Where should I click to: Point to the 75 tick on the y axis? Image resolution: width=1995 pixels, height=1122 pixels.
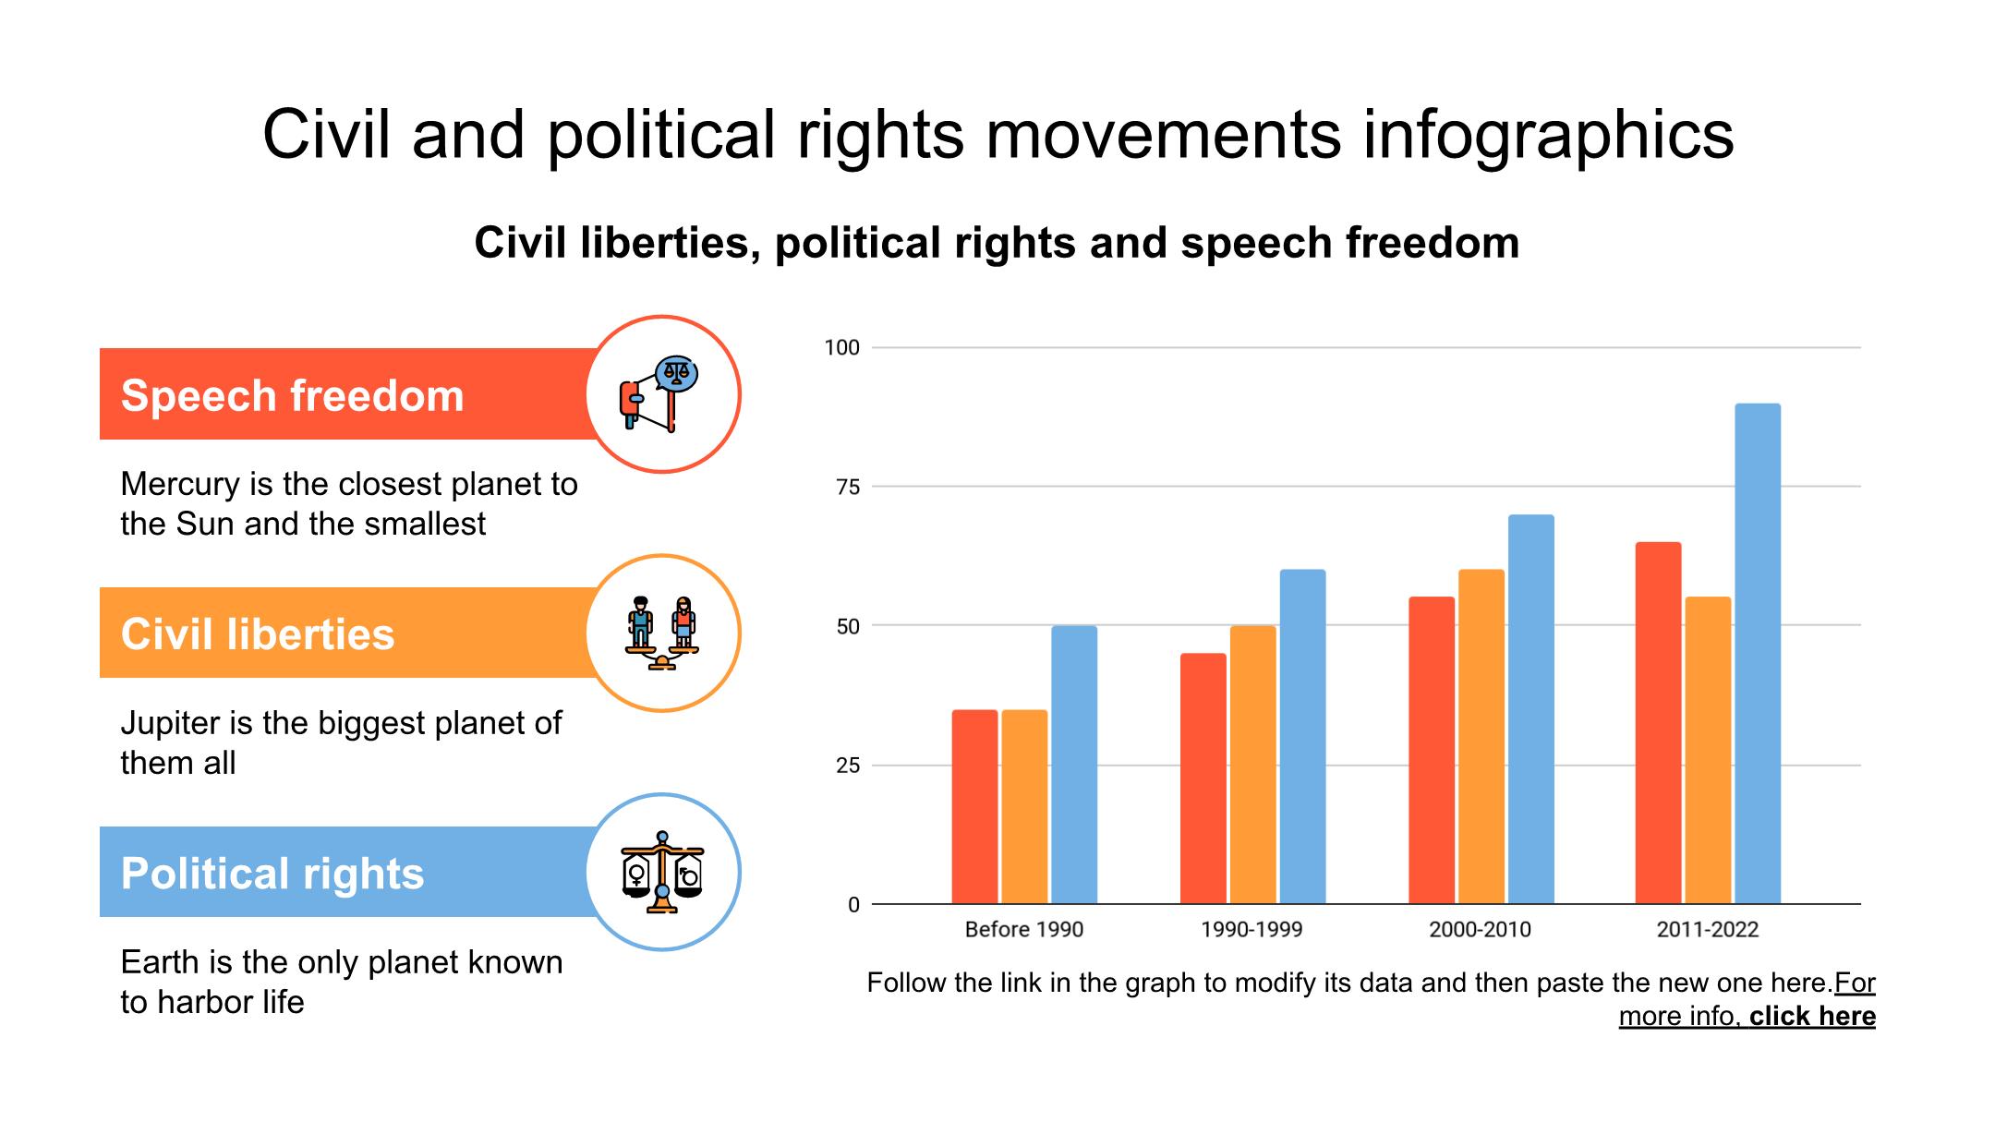pyautogui.click(x=848, y=487)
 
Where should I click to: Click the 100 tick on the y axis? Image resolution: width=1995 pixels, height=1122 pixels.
pyautogui.click(x=841, y=347)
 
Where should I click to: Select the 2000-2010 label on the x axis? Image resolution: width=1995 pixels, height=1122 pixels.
pyautogui.click(x=1480, y=929)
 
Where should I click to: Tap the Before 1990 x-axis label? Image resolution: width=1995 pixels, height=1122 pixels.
pyautogui.click(x=1023, y=929)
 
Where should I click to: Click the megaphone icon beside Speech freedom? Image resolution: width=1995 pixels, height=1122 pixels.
pyautogui.click(x=659, y=394)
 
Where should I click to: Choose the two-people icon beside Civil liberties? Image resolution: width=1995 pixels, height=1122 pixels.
pyautogui.click(x=662, y=633)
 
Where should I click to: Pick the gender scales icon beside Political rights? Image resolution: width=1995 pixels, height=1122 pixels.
pyautogui.click(x=662, y=872)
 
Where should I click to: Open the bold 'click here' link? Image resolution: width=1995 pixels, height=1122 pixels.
pyautogui.click(x=1812, y=1016)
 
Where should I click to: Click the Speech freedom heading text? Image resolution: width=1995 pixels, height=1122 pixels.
pyautogui.click(x=292, y=395)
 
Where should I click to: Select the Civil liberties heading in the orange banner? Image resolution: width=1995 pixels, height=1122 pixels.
pyautogui.click(x=258, y=633)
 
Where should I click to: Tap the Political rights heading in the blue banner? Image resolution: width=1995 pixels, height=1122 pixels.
pyautogui.click(x=272, y=873)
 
